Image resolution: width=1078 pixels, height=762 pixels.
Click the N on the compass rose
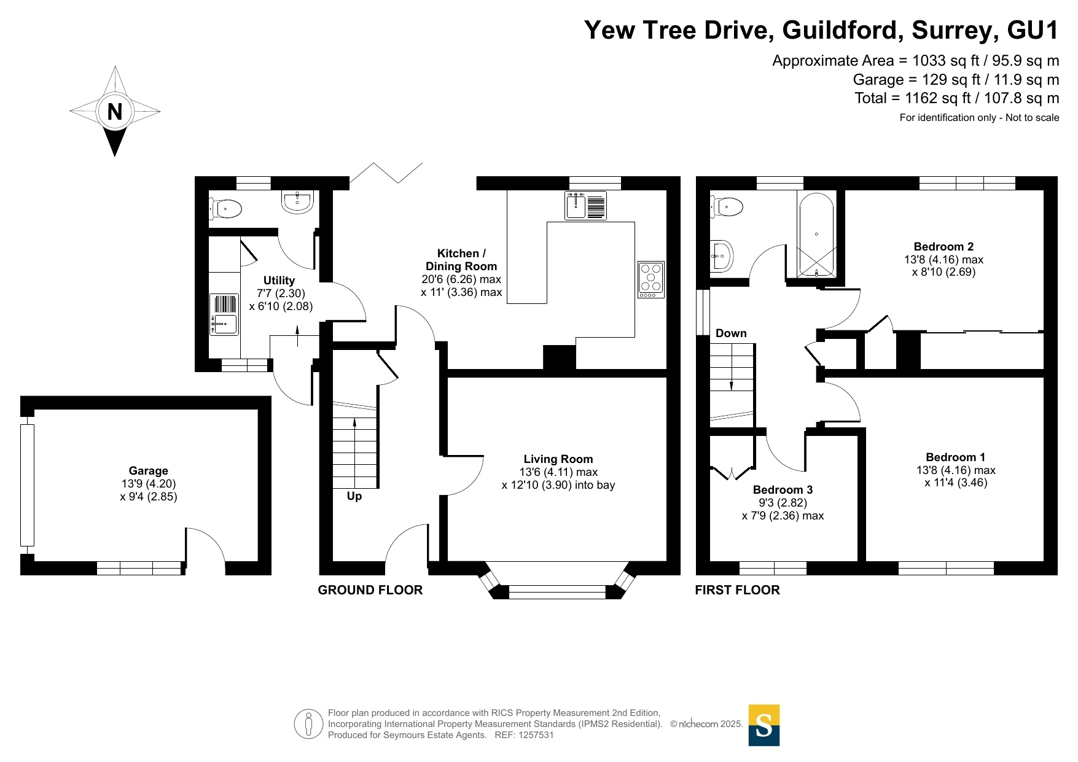tap(115, 112)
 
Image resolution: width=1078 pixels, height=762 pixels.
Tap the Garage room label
tap(149, 471)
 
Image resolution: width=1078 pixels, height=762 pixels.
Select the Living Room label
tap(558, 459)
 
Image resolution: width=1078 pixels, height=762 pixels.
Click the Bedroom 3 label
tap(783, 489)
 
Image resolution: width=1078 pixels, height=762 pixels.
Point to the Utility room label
tap(279, 281)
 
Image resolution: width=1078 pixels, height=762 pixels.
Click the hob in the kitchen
tap(651, 280)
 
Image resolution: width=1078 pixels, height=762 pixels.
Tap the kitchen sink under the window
tap(586, 205)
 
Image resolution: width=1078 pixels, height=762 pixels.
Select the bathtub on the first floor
tap(816, 234)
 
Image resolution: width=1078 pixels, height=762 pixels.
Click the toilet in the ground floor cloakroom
tap(225, 209)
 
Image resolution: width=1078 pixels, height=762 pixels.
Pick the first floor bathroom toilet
tap(726, 206)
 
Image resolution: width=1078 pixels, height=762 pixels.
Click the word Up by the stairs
tap(354, 496)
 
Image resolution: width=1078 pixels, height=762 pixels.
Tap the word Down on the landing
tap(731, 333)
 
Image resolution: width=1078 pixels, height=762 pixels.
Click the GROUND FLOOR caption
tap(370, 590)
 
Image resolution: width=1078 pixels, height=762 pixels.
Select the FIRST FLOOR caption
tap(737, 590)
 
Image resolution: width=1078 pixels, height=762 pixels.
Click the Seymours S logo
tap(764, 725)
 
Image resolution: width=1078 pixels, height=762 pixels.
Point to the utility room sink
tap(224, 314)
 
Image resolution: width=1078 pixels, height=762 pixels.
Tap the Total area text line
tap(957, 98)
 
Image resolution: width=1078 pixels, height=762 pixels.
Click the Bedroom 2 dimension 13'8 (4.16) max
tap(943, 260)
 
